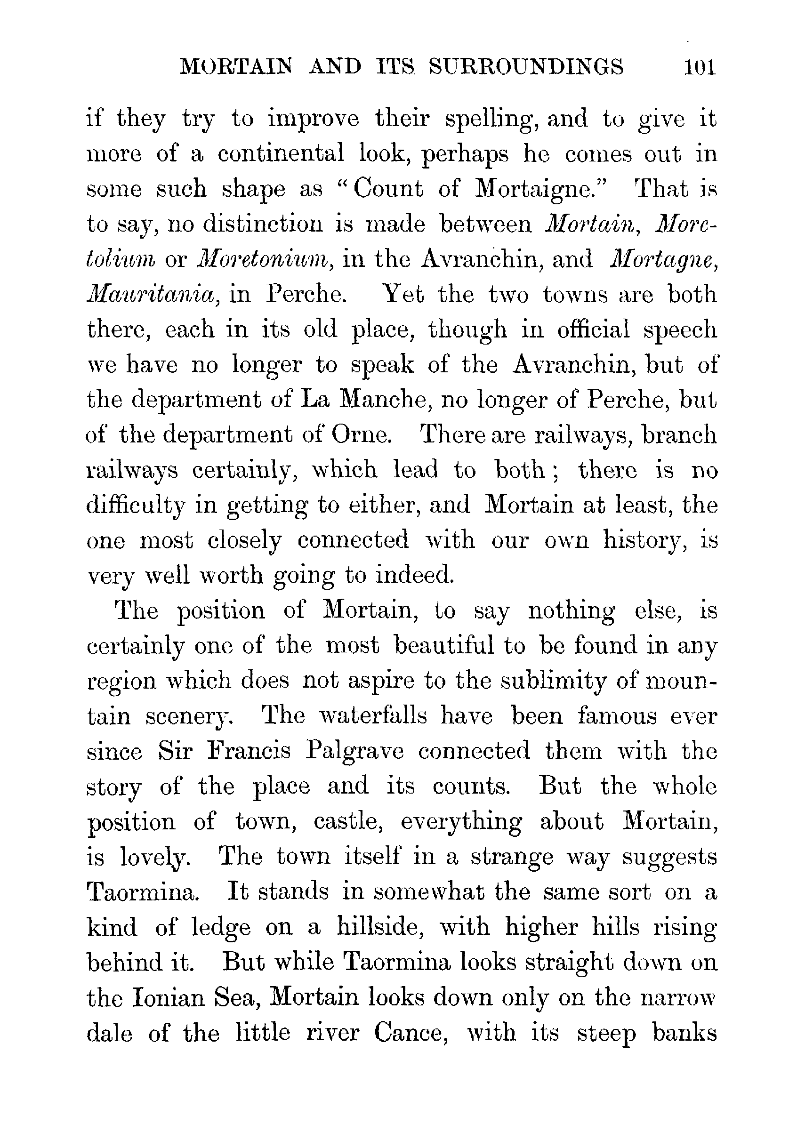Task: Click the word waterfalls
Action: tap(373, 716)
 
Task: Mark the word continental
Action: tap(280, 154)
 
